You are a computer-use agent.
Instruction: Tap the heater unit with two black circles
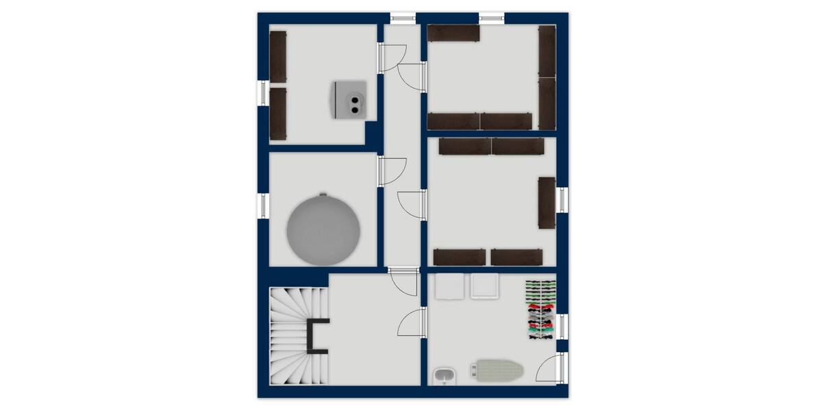[350, 99]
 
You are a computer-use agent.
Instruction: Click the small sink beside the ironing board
[444, 375]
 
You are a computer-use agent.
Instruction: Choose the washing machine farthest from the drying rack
[449, 288]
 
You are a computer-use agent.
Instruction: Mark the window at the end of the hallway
[403, 18]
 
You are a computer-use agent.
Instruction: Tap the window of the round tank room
[262, 206]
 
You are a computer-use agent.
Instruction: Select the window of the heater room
[262, 93]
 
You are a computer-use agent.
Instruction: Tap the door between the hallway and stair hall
[404, 281]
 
